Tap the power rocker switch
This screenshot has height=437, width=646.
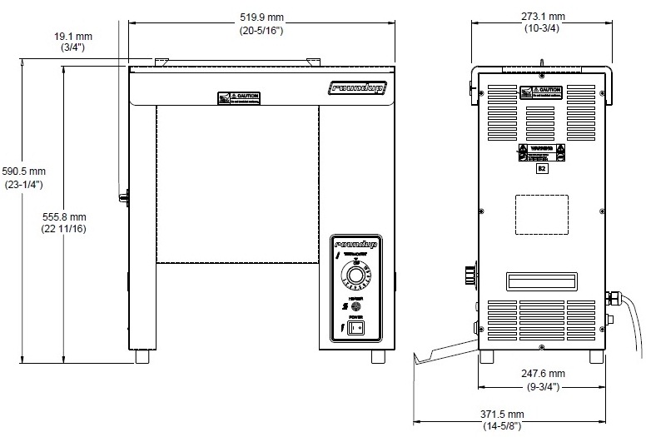pyautogui.click(x=356, y=329)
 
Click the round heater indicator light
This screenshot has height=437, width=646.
pyautogui.click(x=357, y=305)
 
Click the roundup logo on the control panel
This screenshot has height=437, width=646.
pyautogui.click(x=355, y=245)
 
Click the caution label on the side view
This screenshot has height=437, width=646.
pyautogui.click(x=542, y=92)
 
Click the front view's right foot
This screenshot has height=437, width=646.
pyautogui.click(x=378, y=356)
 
